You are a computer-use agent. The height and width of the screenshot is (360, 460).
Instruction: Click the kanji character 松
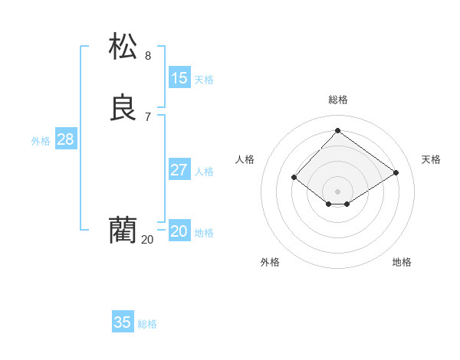(123, 46)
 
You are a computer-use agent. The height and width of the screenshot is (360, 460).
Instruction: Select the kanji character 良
(123, 108)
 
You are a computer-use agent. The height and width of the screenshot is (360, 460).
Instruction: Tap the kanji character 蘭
(123, 231)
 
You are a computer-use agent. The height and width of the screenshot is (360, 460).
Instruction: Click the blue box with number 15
(179, 78)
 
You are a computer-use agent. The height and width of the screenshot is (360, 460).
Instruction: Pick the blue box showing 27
(179, 170)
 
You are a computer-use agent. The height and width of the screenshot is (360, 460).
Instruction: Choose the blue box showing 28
(65, 139)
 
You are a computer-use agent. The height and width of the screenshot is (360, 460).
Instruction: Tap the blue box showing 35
(123, 322)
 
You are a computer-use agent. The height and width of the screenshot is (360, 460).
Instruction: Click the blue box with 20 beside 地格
(179, 231)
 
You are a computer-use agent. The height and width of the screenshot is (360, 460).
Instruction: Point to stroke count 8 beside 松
(148, 56)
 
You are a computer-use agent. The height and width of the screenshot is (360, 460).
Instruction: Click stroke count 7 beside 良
(148, 117)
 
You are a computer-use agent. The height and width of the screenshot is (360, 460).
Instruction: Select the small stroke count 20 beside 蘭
(147, 240)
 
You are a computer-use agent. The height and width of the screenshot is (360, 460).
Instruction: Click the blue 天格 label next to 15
(204, 80)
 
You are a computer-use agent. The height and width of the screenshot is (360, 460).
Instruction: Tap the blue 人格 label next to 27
(204, 172)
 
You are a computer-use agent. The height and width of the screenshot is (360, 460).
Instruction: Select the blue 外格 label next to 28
(41, 141)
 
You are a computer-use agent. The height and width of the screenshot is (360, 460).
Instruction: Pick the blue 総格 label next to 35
(147, 324)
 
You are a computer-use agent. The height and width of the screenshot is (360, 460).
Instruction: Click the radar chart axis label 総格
(338, 100)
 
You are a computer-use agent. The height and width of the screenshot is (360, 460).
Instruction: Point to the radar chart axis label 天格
(431, 159)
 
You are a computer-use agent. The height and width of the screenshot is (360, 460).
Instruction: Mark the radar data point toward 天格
(396, 172)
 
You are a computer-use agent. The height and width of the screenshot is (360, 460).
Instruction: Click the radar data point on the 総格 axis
(337, 131)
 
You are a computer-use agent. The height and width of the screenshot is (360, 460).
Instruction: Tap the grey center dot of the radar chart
(337, 191)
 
